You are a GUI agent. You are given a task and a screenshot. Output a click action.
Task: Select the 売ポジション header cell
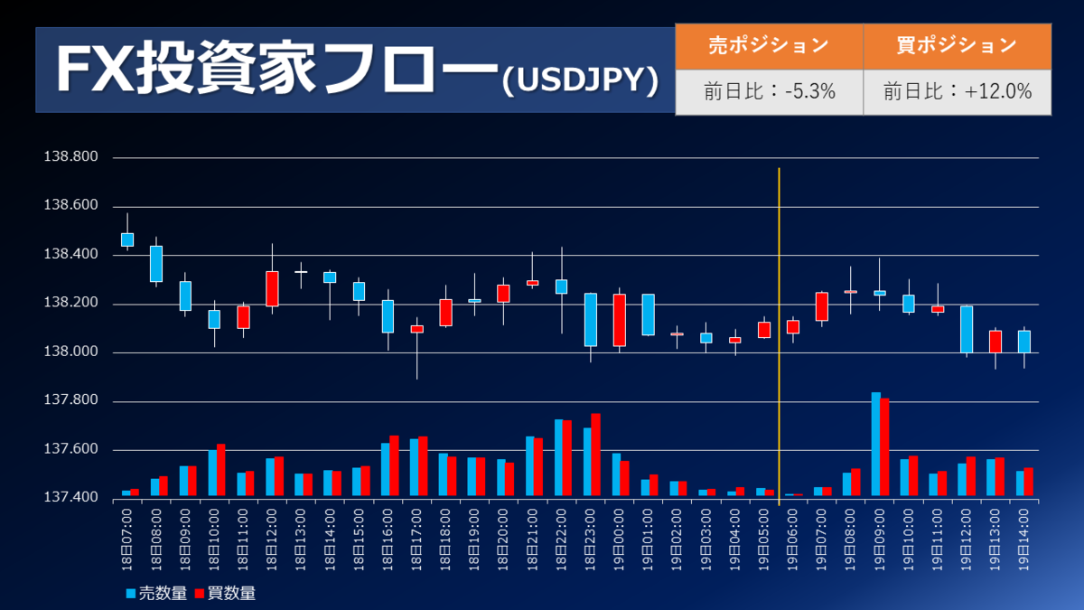[769, 44]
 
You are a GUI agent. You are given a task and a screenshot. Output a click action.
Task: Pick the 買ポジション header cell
[958, 44]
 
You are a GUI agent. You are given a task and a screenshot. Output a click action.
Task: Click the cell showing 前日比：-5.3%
[769, 91]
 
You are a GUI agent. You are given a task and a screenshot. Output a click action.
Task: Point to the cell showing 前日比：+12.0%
[958, 91]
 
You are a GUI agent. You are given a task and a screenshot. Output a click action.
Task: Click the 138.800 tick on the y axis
[71, 157]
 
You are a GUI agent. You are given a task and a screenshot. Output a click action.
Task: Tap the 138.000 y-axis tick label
[71, 352]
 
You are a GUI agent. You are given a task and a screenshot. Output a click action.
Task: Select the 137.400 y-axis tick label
[71, 498]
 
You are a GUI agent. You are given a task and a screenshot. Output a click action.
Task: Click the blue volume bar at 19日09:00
[875, 444]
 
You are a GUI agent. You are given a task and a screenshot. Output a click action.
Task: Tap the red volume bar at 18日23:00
[595, 455]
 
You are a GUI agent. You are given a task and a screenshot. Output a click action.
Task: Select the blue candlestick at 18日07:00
[127, 239]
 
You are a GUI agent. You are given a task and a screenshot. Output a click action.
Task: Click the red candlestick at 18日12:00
[272, 288]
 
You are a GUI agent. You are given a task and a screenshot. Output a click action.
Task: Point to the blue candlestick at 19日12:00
[967, 329]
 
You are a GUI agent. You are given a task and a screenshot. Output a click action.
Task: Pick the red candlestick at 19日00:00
[620, 320]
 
